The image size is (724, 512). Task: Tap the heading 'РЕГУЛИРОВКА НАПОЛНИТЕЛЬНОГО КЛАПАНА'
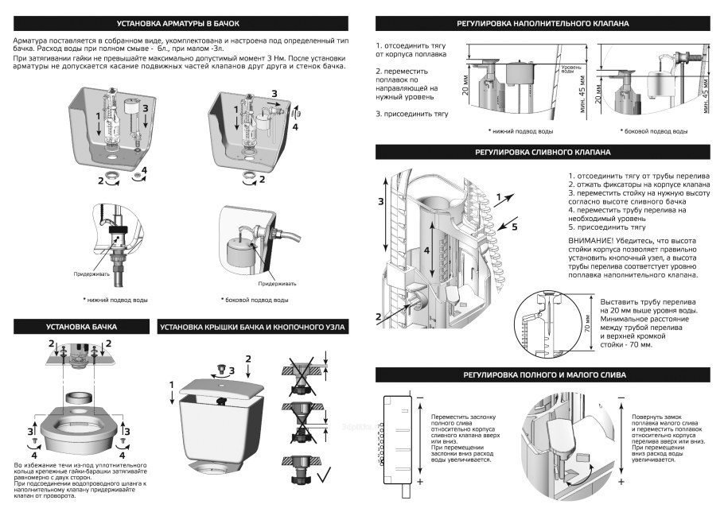click(543, 24)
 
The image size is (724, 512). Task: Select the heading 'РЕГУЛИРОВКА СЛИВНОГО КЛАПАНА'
click(543, 151)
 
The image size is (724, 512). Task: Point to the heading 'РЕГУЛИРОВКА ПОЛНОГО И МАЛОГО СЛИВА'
click(543, 374)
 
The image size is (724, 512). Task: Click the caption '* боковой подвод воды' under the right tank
click(254, 300)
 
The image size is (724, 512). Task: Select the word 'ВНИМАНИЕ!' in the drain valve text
click(594, 241)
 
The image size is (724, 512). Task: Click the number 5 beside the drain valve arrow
click(514, 227)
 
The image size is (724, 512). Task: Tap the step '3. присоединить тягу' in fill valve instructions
click(412, 114)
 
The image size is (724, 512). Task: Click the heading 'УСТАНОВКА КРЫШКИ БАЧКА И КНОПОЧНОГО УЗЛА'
click(252, 327)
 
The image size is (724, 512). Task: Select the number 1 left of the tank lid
click(173, 385)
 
